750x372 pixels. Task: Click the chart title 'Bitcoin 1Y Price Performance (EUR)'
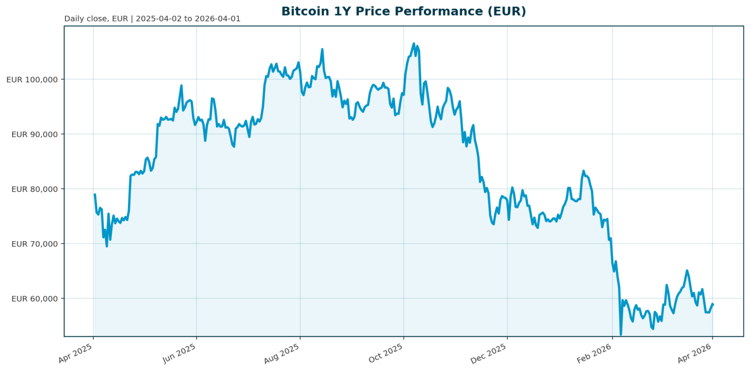(403, 11)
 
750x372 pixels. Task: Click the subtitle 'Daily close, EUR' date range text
(152, 19)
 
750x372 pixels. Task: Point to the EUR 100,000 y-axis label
(32, 80)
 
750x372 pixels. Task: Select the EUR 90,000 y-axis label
(34, 134)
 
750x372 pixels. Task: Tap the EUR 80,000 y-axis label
(34, 189)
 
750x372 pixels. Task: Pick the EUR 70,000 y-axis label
(34, 244)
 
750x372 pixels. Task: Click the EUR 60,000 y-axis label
(34, 298)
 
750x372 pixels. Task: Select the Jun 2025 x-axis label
(179, 352)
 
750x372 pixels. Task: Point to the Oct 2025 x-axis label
(386, 352)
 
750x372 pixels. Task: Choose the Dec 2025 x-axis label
(489, 352)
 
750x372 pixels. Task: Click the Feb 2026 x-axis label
(594, 352)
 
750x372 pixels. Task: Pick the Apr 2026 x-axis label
(694, 352)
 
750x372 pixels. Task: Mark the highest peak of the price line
(414, 43)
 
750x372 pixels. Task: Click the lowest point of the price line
(621, 335)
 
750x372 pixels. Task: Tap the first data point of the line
(95, 194)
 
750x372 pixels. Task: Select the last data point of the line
(713, 305)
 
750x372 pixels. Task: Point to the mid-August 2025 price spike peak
(322, 49)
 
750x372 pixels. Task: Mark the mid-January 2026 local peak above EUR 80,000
(583, 171)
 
